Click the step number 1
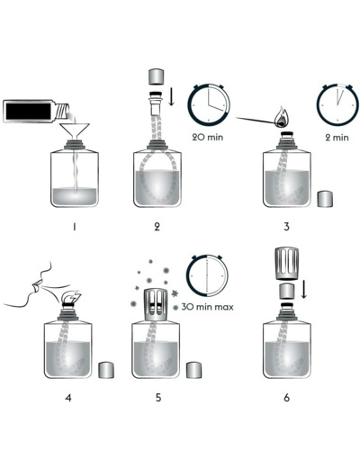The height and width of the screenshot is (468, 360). (74, 227)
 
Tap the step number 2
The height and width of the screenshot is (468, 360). (157, 227)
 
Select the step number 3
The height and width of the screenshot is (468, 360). (286, 227)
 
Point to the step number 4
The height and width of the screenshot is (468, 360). (68, 398)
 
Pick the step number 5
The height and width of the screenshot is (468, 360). (158, 398)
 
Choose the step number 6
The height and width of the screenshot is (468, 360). (286, 398)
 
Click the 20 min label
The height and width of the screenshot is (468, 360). (208, 137)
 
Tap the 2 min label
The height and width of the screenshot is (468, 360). (337, 138)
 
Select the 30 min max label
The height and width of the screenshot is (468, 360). (207, 307)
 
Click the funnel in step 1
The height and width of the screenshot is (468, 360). (75, 130)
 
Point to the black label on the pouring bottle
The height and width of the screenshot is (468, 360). (29, 112)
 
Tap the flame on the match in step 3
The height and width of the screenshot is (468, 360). (282, 117)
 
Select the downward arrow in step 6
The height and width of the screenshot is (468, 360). (304, 289)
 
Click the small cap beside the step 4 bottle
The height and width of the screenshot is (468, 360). (106, 370)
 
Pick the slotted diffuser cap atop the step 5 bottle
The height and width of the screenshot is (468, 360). (156, 305)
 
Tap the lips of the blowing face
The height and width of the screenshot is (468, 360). (36, 285)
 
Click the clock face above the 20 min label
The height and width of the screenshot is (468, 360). (209, 104)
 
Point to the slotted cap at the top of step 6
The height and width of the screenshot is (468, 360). (286, 264)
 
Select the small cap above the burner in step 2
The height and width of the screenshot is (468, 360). (156, 76)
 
